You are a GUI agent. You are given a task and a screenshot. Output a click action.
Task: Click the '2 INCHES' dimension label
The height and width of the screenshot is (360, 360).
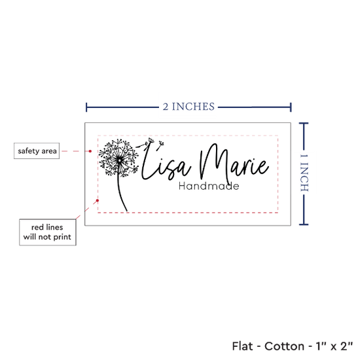(x=189, y=107)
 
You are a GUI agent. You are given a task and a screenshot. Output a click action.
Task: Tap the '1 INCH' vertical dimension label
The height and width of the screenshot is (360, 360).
(x=304, y=173)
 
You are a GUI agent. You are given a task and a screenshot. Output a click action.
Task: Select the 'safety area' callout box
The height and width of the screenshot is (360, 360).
(x=37, y=151)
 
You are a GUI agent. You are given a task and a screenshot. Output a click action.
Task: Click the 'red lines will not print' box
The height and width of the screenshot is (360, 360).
(x=48, y=232)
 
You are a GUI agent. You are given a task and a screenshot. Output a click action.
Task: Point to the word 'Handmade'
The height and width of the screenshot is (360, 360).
(x=209, y=186)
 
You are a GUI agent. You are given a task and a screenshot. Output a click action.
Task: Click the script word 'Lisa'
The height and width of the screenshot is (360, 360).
(x=166, y=163)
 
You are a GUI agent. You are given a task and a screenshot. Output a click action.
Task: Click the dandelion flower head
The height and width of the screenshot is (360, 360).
(x=118, y=158)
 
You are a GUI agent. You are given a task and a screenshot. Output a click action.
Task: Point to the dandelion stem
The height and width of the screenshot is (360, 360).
(x=121, y=193)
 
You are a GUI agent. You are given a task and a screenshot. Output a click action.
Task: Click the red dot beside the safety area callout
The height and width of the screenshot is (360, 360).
(x=90, y=151)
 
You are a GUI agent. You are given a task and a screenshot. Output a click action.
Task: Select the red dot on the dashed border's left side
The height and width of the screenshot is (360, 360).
(x=98, y=201)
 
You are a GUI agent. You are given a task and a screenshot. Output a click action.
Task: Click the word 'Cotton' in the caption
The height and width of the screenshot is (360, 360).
(x=284, y=346)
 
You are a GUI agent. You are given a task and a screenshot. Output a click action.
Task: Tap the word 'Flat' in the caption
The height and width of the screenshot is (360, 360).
(x=242, y=346)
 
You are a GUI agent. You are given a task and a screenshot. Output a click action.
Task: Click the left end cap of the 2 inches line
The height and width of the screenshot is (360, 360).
(x=86, y=107)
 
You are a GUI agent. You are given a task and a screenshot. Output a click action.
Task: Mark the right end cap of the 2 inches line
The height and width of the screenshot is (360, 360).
(x=291, y=107)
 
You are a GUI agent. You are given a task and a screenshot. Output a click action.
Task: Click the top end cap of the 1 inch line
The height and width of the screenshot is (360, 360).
(x=304, y=124)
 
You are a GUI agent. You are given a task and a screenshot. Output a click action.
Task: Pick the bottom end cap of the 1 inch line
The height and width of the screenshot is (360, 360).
(x=304, y=225)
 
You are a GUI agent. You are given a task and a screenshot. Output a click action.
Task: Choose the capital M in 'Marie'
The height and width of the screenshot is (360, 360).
(x=213, y=162)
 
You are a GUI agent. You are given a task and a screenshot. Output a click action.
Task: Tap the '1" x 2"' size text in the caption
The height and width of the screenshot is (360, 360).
(x=334, y=346)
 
